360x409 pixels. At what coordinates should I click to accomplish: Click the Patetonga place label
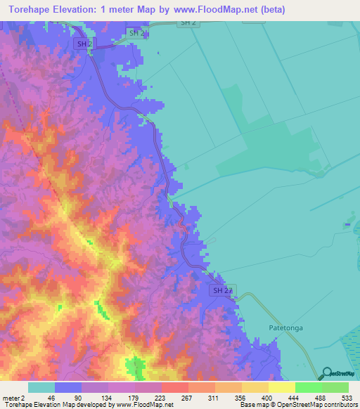click(x=289, y=327)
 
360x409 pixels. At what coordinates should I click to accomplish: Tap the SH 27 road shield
click(x=221, y=290)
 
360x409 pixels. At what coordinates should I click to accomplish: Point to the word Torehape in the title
click(x=33, y=10)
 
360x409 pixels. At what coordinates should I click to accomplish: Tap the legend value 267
click(x=187, y=397)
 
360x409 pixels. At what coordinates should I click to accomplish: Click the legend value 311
click(x=214, y=397)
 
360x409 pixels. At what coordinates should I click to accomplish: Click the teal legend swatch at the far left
click(x=41, y=387)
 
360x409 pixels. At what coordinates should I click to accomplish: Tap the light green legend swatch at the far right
click(x=335, y=387)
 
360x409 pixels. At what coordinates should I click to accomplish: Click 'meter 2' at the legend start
click(x=13, y=397)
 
